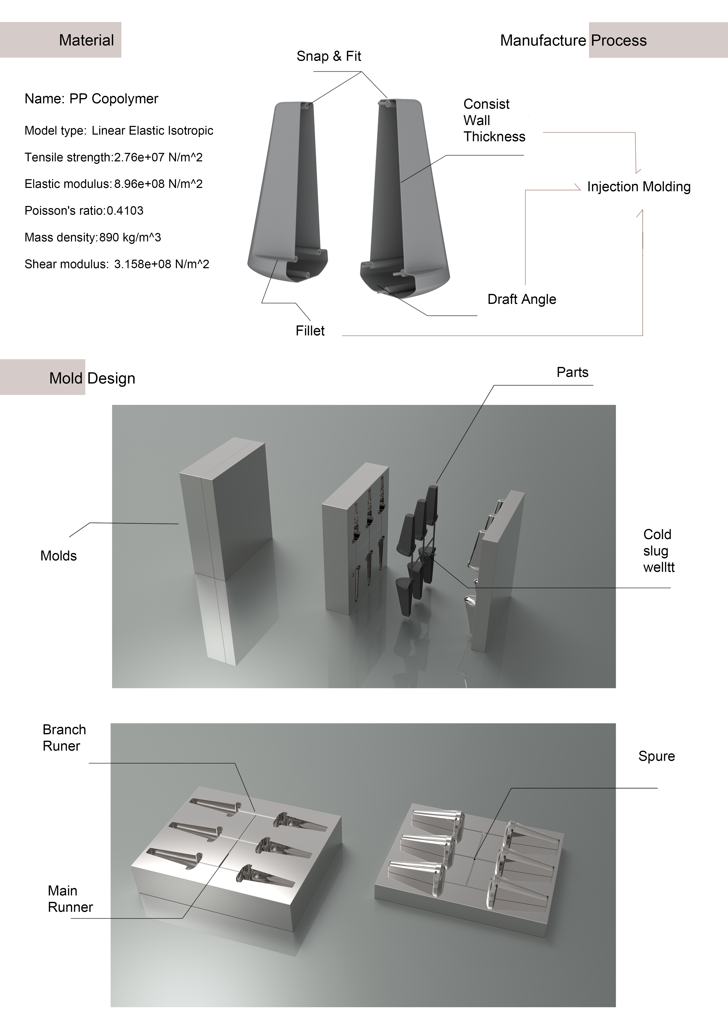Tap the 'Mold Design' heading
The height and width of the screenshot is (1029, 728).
92,378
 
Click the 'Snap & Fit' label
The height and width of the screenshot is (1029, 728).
329,56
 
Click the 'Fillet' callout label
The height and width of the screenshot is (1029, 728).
310,331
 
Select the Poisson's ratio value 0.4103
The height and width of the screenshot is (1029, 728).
125,211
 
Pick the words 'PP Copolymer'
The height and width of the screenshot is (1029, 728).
114,99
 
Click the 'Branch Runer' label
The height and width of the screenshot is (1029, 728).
64,738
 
